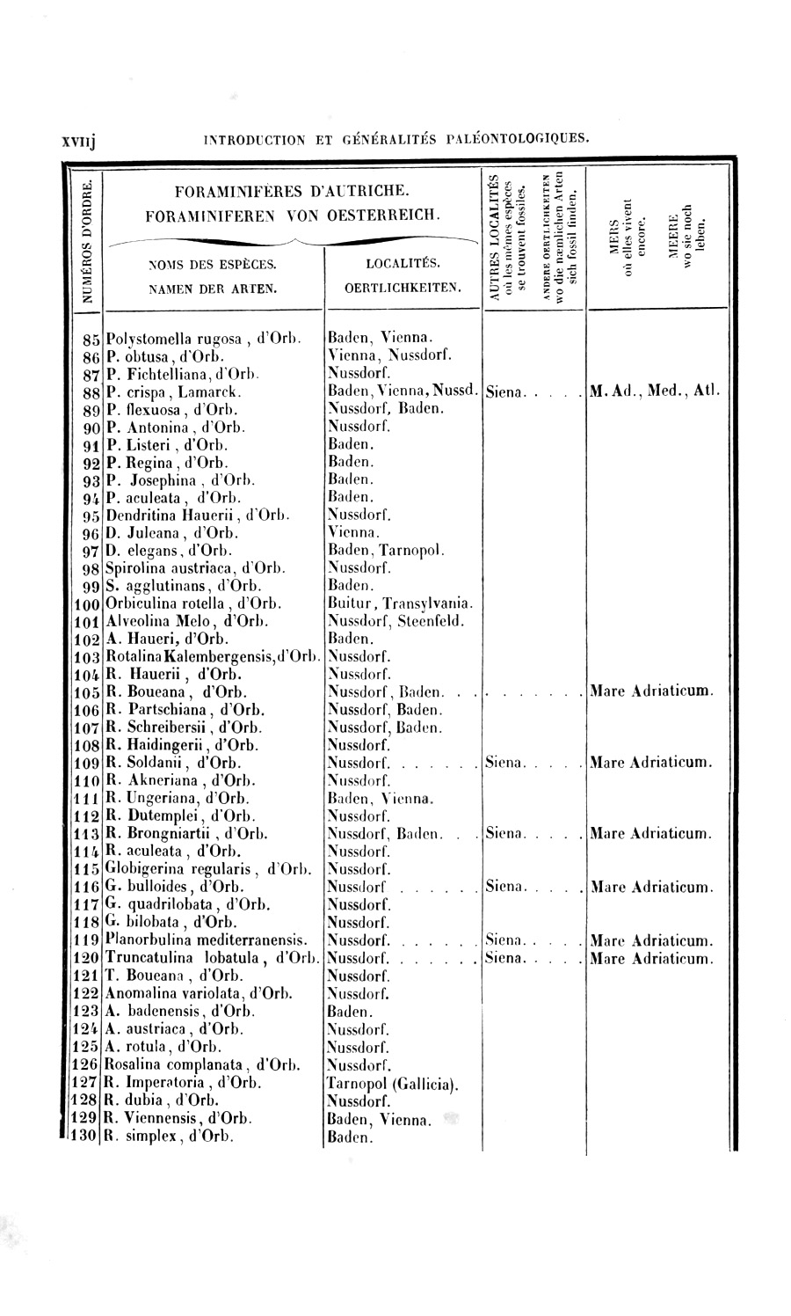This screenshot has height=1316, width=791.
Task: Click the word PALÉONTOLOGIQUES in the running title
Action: (516, 138)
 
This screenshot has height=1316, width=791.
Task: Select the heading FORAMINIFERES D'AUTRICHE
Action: (291, 189)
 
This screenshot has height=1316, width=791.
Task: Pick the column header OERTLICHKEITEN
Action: (403, 286)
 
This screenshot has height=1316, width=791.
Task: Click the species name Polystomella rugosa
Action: (168, 337)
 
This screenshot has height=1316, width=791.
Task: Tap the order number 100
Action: (85, 603)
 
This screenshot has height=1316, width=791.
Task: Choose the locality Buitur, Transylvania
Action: (400, 603)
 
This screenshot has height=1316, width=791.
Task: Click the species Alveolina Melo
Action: (162, 621)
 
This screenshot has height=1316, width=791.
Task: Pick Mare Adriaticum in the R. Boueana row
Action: (651, 691)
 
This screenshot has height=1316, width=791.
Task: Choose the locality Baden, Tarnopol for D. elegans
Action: (385, 550)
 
